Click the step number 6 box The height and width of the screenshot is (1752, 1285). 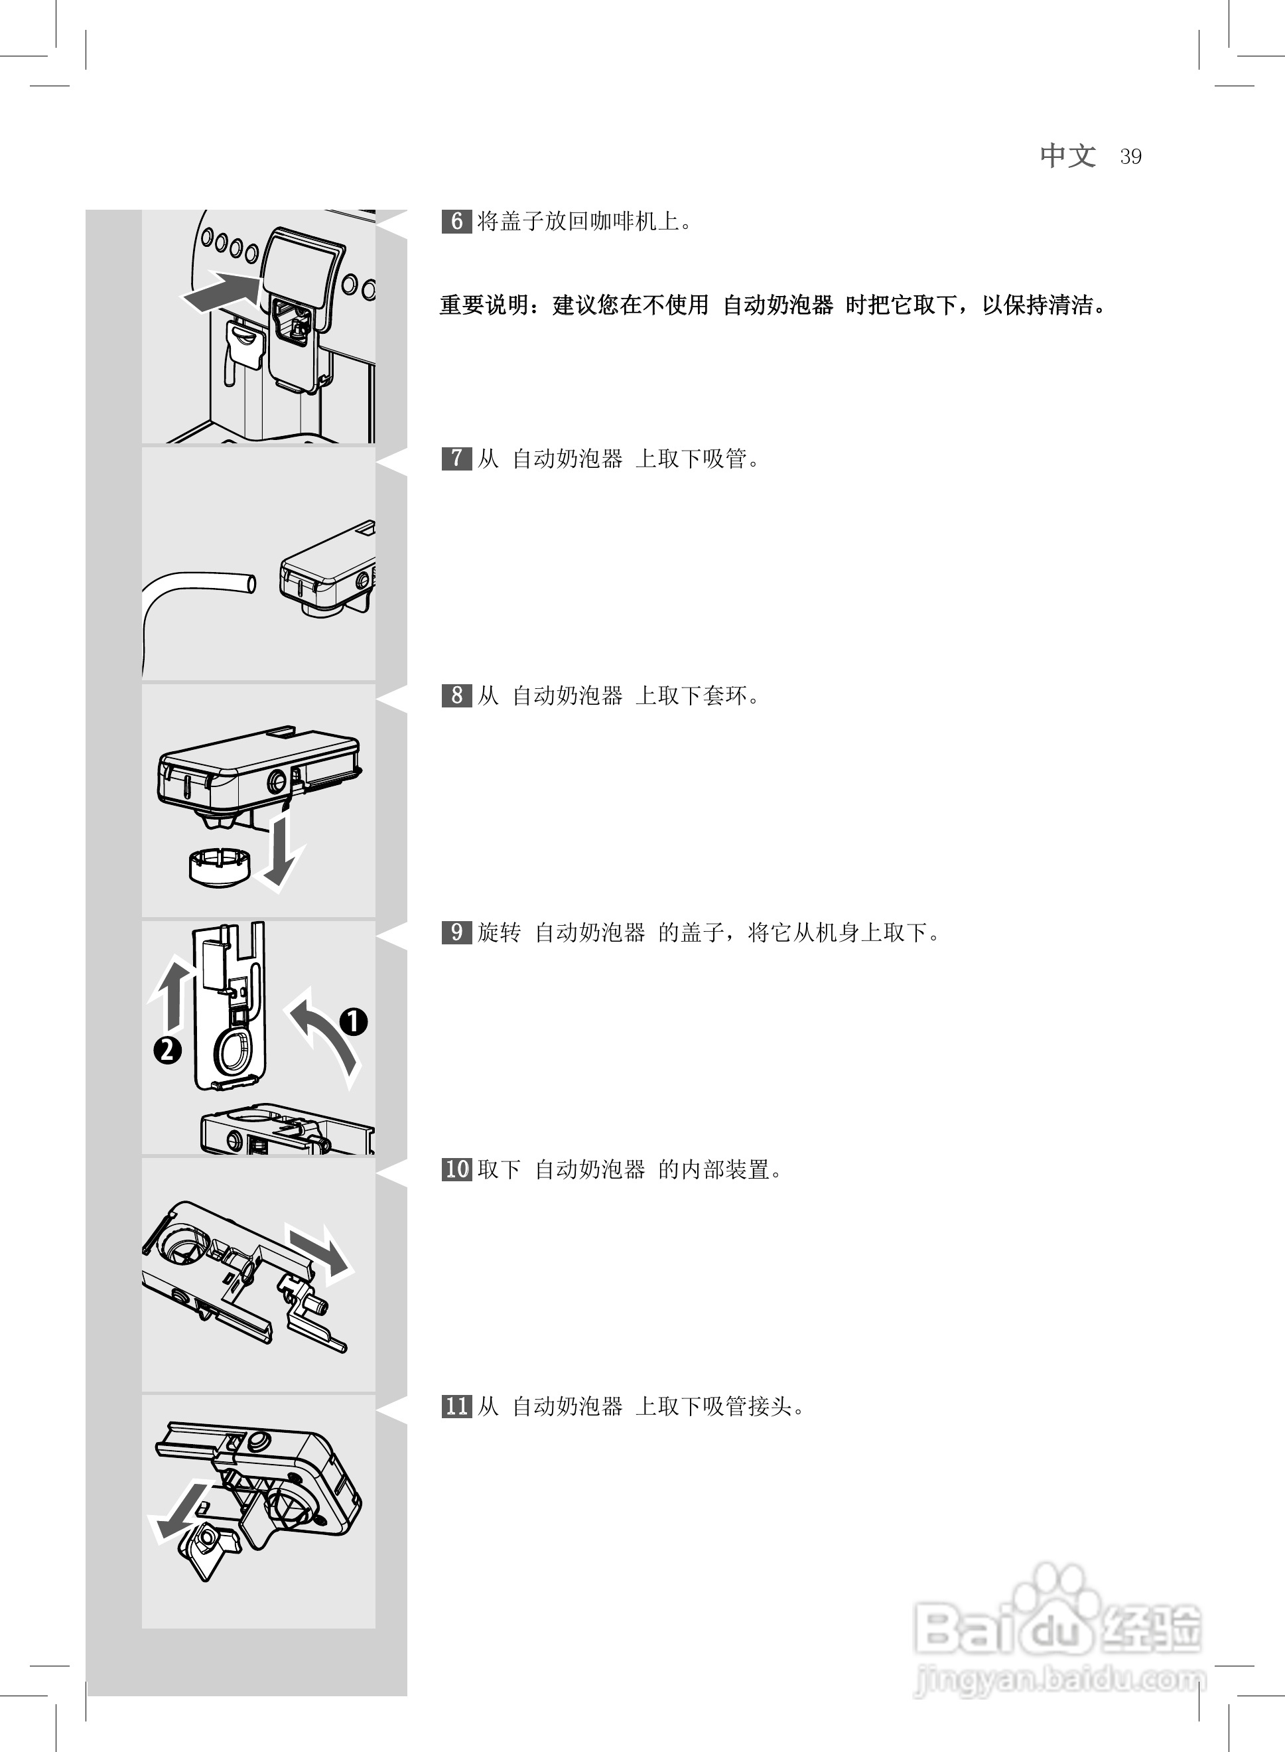click(456, 222)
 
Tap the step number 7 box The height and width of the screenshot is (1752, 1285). click(456, 458)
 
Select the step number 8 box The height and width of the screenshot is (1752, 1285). click(456, 695)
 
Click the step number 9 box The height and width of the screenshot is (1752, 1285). click(456, 932)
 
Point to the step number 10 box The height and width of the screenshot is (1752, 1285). click(457, 1169)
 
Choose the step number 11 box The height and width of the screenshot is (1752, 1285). click(457, 1406)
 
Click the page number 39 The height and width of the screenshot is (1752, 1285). click(1130, 157)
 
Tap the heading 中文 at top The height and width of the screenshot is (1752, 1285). click(1068, 155)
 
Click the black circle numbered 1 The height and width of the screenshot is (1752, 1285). click(353, 1021)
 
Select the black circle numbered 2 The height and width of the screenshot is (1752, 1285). click(167, 1051)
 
